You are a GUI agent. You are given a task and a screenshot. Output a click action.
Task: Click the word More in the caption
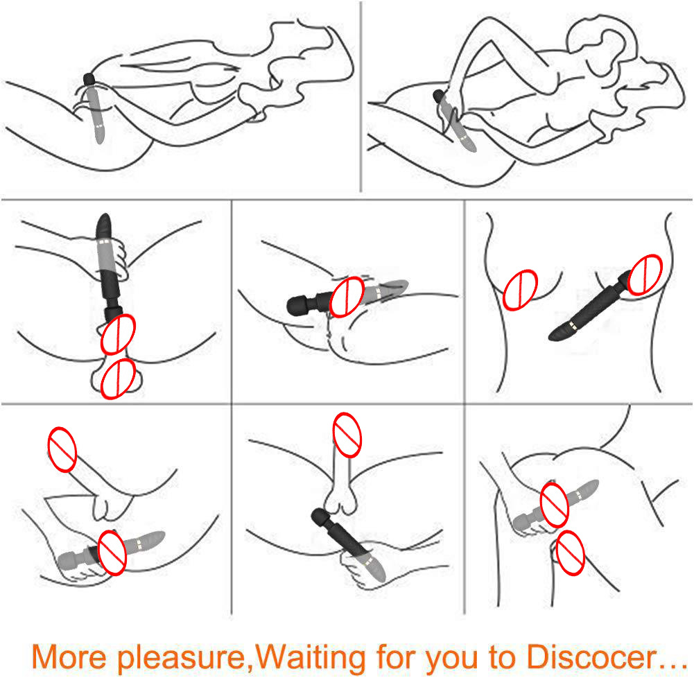pyautogui.click(x=69, y=657)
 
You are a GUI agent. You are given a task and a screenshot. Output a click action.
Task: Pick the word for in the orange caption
pyautogui.click(x=396, y=656)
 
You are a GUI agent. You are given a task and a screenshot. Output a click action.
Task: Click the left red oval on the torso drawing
pyautogui.click(x=521, y=290)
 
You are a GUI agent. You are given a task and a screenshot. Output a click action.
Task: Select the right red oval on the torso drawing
pyautogui.click(x=645, y=275)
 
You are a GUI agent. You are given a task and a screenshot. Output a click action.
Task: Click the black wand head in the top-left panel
pyautogui.click(x=89, y=80)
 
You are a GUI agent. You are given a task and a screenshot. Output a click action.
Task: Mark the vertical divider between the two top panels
pyautogui.click(x=361, y=96)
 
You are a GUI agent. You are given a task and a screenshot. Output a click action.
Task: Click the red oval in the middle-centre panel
pyautogui.click(x=347, y=297)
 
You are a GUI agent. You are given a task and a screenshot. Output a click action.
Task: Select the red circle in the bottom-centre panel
pyautogui.click(x=347, y=435)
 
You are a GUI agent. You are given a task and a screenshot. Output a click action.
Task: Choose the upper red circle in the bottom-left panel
pyautogui.click(x=62, y=449)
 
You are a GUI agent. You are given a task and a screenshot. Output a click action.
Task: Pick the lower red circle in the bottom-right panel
pyautogui.click(x=570, y=553)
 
